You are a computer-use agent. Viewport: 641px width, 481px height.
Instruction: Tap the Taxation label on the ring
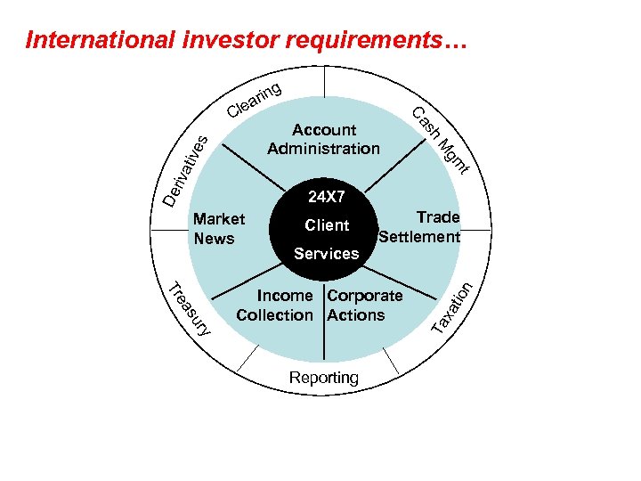[x=457, y=307]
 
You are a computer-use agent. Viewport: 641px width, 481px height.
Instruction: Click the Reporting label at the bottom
[x=324, y=378]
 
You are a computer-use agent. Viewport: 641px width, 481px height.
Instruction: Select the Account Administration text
[x=323, y=140]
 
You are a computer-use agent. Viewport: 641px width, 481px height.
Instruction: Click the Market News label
[x=218, y=229]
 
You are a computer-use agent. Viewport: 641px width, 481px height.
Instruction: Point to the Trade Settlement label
[x=419, y=227]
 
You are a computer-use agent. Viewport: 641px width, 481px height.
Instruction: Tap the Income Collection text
[x=275, y=305]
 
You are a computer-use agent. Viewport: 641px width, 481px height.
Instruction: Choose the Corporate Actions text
[x=364, y=305]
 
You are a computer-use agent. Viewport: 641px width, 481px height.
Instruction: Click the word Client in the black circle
[x=326, y=225]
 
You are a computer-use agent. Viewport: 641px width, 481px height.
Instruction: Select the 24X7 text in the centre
[x=325, y=195]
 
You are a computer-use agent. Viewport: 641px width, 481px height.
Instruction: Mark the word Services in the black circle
[x=326, y=254]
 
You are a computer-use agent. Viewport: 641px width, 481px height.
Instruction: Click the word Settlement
[x=419, y=237]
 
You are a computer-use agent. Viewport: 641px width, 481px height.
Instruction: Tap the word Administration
[x=323, y=149]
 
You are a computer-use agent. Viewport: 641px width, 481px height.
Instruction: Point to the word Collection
[x=275, y=314]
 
